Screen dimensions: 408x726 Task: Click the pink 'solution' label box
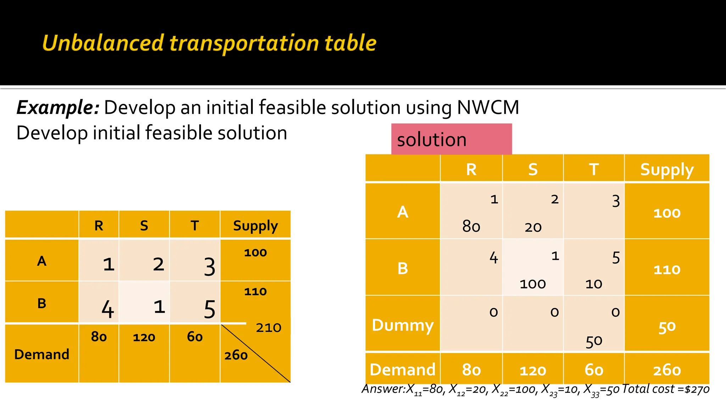451,139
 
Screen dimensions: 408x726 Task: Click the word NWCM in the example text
488,107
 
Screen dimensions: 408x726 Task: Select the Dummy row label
402,325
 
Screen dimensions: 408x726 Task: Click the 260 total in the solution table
667,370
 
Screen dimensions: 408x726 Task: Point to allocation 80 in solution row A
471,226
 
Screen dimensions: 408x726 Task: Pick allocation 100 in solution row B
532,284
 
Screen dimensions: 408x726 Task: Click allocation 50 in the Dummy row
594,341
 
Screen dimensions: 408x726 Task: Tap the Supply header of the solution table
666,170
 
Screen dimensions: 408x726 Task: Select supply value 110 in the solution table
666,270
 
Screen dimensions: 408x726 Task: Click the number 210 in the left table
268,328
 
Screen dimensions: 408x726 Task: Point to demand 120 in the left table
144,337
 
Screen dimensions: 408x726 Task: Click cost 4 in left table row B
107,309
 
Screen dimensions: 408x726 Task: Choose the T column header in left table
195,225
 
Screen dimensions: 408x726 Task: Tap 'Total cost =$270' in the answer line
665,389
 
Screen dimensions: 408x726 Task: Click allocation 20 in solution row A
533,227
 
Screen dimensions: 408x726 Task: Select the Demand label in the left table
41,354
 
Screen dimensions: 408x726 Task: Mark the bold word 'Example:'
58,107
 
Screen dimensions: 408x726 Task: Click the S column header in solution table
532,170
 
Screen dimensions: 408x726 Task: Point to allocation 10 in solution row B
593,284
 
